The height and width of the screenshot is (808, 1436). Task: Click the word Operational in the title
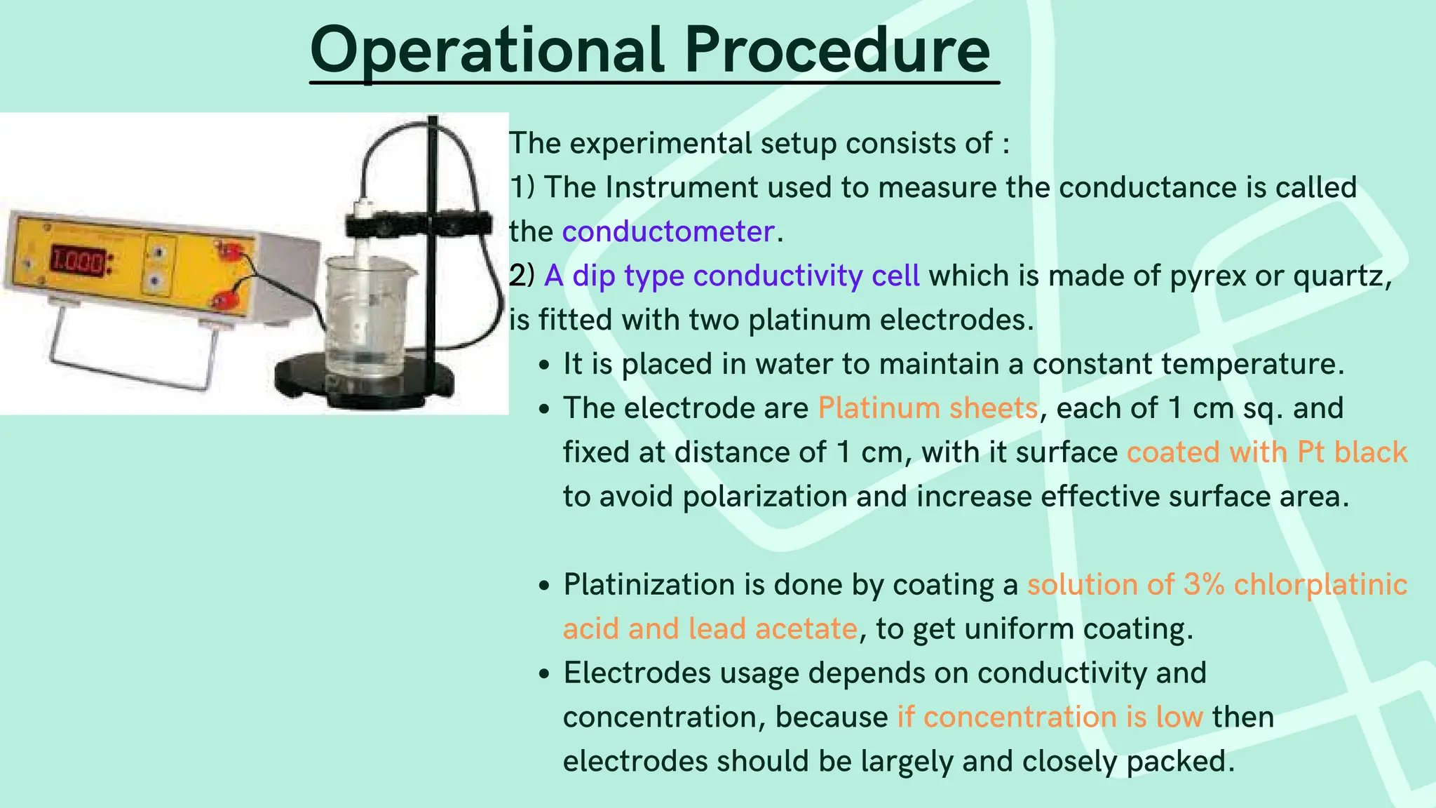487,50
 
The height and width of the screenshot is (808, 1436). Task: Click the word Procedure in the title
836,50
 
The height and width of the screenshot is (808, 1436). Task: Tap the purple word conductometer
668,231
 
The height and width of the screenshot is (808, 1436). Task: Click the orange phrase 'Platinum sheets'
928,408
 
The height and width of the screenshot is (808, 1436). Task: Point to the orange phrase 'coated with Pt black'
1266,452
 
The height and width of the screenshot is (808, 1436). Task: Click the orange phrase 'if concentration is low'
1050,717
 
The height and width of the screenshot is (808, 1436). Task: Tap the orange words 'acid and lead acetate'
710,628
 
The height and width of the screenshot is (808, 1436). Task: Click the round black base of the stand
365,382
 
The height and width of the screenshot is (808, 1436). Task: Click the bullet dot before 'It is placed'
544,365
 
